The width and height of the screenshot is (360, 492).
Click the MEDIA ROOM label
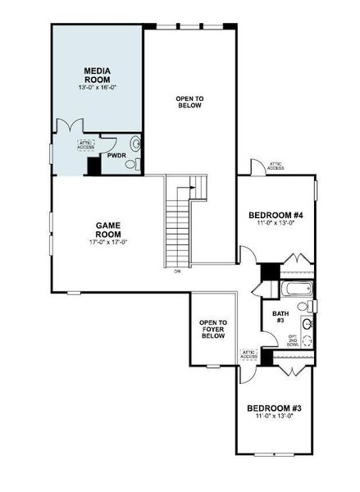98,75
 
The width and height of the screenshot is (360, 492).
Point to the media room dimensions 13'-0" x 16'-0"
98,89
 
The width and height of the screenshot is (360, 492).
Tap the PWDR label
116,155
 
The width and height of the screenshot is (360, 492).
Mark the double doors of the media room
66,127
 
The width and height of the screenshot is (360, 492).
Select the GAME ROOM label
108,229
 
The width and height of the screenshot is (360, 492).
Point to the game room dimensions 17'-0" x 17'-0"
108,242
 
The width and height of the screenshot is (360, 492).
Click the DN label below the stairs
177,271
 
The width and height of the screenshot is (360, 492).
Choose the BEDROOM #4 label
276,216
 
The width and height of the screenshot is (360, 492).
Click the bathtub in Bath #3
294,289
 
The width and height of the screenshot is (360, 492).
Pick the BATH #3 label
280,316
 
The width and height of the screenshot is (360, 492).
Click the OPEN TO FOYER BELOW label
213,329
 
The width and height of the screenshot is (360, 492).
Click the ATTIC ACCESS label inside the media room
86,145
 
